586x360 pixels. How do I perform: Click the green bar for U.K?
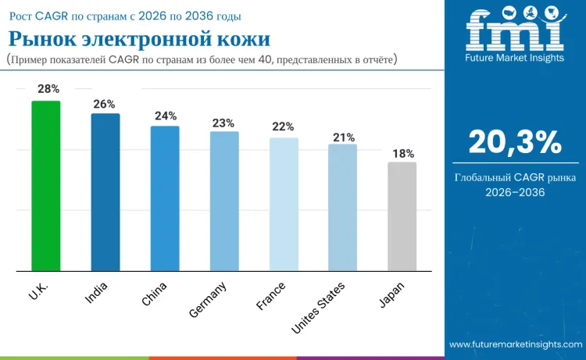pos(45,186)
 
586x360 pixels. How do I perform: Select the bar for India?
pos(105,192)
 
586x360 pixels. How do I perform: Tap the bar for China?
pos(165,198)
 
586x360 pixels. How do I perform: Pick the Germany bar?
pos(224,201)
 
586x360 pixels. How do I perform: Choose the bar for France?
pos(284,205)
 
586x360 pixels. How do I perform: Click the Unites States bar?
pos(342,208)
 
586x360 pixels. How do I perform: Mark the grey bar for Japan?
pos(402,217)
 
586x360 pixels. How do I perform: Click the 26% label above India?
pos(105,104)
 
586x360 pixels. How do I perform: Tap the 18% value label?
pos(403,154)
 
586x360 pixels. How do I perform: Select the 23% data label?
pos(223,123)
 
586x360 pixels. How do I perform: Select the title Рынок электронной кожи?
pos(139,39)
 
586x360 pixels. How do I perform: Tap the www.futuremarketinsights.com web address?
pos(515,344)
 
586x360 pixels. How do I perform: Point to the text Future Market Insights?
pos(514,58)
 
